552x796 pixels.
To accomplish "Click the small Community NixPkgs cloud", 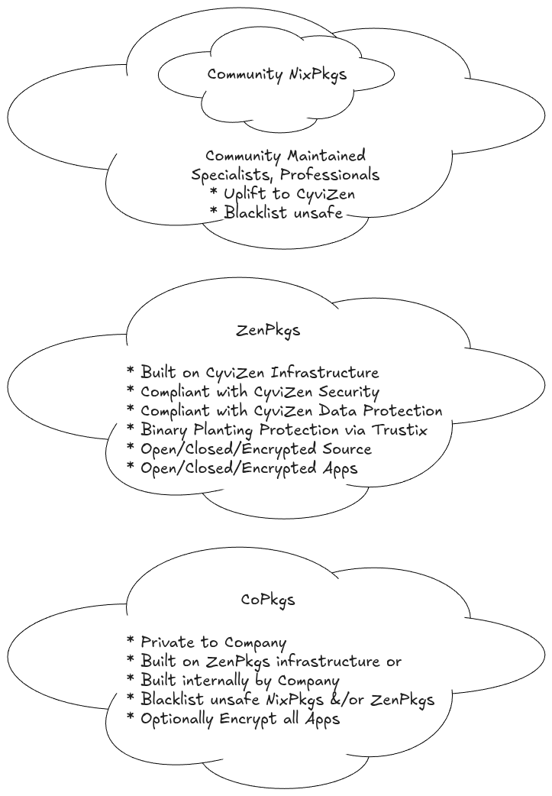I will point(276,75).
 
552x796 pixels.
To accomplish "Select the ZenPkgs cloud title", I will point(268,331).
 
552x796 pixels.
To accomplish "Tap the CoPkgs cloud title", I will point(268,600).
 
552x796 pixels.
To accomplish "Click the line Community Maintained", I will point(285,156).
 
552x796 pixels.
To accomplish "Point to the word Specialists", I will point(227,175).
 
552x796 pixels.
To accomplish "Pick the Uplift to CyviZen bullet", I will point(282,194).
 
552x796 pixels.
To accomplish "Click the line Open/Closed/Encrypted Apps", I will point(241,468).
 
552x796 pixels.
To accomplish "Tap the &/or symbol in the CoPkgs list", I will point(353,700).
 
